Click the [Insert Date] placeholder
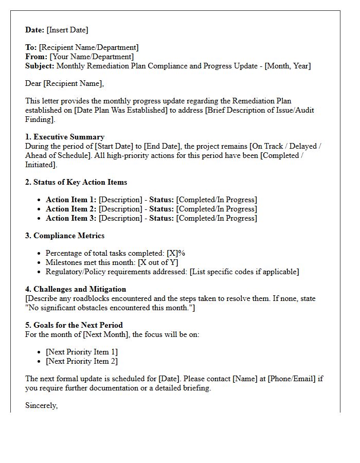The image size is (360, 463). (x=67, y=30)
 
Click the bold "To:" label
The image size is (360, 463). (x=31, y=47)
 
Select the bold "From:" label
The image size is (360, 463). (x=36, y=57)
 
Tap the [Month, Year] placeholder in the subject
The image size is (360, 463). (x=287, y=66)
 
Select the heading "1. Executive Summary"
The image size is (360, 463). (x=65, y=137)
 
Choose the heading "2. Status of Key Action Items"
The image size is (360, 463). (x=76, y=182)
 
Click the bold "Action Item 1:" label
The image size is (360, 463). (x=71, y=200)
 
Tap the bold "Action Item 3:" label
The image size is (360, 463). (x=71, y=218)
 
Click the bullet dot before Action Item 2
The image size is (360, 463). (x=40, y=209)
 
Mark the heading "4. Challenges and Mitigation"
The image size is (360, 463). (x=76, y=289)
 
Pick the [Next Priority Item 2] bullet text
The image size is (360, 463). (x=82, y=361)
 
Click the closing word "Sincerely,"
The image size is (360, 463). (x=42, y=405)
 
